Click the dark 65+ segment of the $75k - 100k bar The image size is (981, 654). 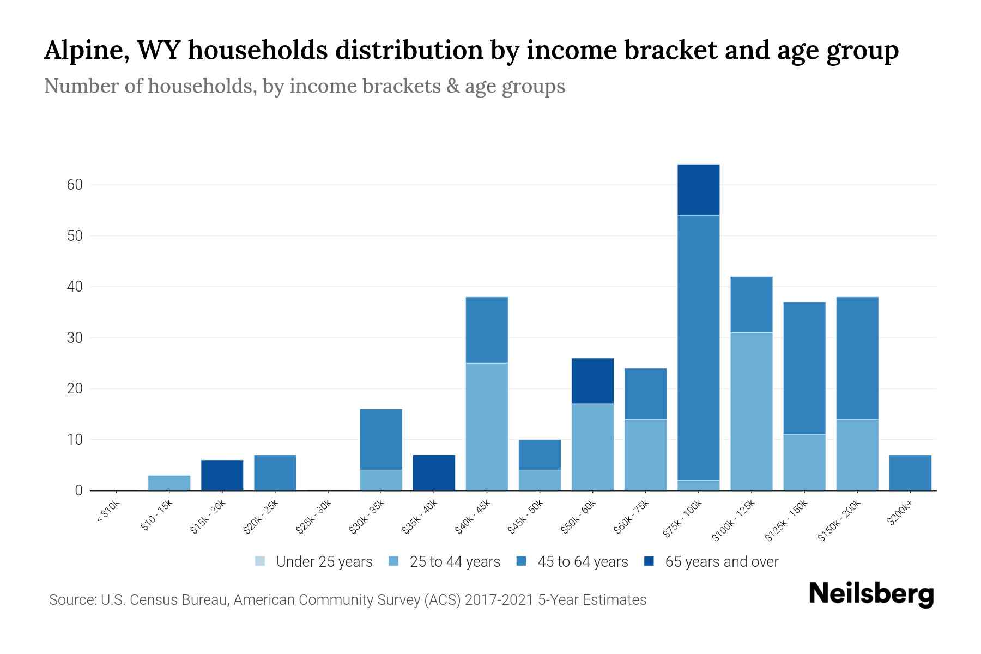[x=698, y=190]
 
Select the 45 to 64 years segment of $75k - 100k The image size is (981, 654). [x=698, y=348]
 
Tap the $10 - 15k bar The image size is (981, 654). [x=169, y=483]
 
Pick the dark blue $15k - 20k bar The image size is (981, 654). [x=222, y=475]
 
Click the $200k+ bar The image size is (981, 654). [x=910, y=473]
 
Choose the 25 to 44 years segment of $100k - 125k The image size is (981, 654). [x=752, y=411]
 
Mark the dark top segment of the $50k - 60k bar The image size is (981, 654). [x=592, y=381]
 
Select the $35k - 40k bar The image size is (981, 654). [x=434, y=473]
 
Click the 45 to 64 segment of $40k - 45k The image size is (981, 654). [x=487, y=330]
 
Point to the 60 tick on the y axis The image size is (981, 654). [x=75, y=185]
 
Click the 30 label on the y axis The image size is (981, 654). [x=75, y=338]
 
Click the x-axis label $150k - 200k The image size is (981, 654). [x=839, y=520]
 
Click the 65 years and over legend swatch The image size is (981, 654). [x=649, y=561]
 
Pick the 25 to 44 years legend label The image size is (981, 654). [x=455, y=562]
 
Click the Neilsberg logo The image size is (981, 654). [x=871, y=594]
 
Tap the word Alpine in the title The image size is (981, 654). [x=86, y=51]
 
